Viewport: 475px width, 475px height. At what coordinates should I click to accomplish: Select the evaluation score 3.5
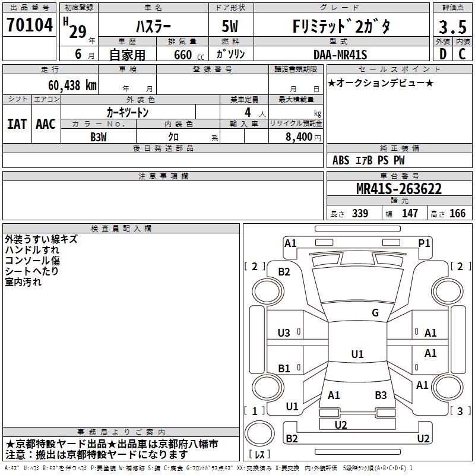pyautogui.click(x=451, y=27)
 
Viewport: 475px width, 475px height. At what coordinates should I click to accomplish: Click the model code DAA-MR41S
pyautogui.click(x=340, y=55)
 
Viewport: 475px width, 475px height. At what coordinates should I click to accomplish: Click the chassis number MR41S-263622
pyautogui.click(x=398, y=189)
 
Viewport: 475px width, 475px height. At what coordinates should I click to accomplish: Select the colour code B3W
pyautogui.click(x=98, y=137)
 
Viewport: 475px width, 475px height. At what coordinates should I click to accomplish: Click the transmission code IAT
pyautogui.click(x=17, y=124)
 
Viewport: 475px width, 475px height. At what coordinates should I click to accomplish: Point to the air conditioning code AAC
pyautogui.click(x=45, y=124)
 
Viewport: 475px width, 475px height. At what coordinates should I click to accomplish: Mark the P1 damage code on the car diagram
pyautogui.click(x=424, y=243)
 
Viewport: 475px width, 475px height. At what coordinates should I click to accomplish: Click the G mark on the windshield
pyautogui.click(x=375, y=313)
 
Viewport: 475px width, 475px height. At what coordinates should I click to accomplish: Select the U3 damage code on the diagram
pyautogui.click(x=284, y=333)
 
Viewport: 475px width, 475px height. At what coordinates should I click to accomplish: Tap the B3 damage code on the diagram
pyautogui.click(x=381, y=395)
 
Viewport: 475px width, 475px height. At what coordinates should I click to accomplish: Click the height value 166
pyautogui.click(x=457, y=214)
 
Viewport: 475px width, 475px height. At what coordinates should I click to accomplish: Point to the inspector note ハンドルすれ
pyautogui.click(x=32, y=250)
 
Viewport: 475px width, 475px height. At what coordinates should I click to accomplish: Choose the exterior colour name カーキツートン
pyautogui.click(x=128, y=112)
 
